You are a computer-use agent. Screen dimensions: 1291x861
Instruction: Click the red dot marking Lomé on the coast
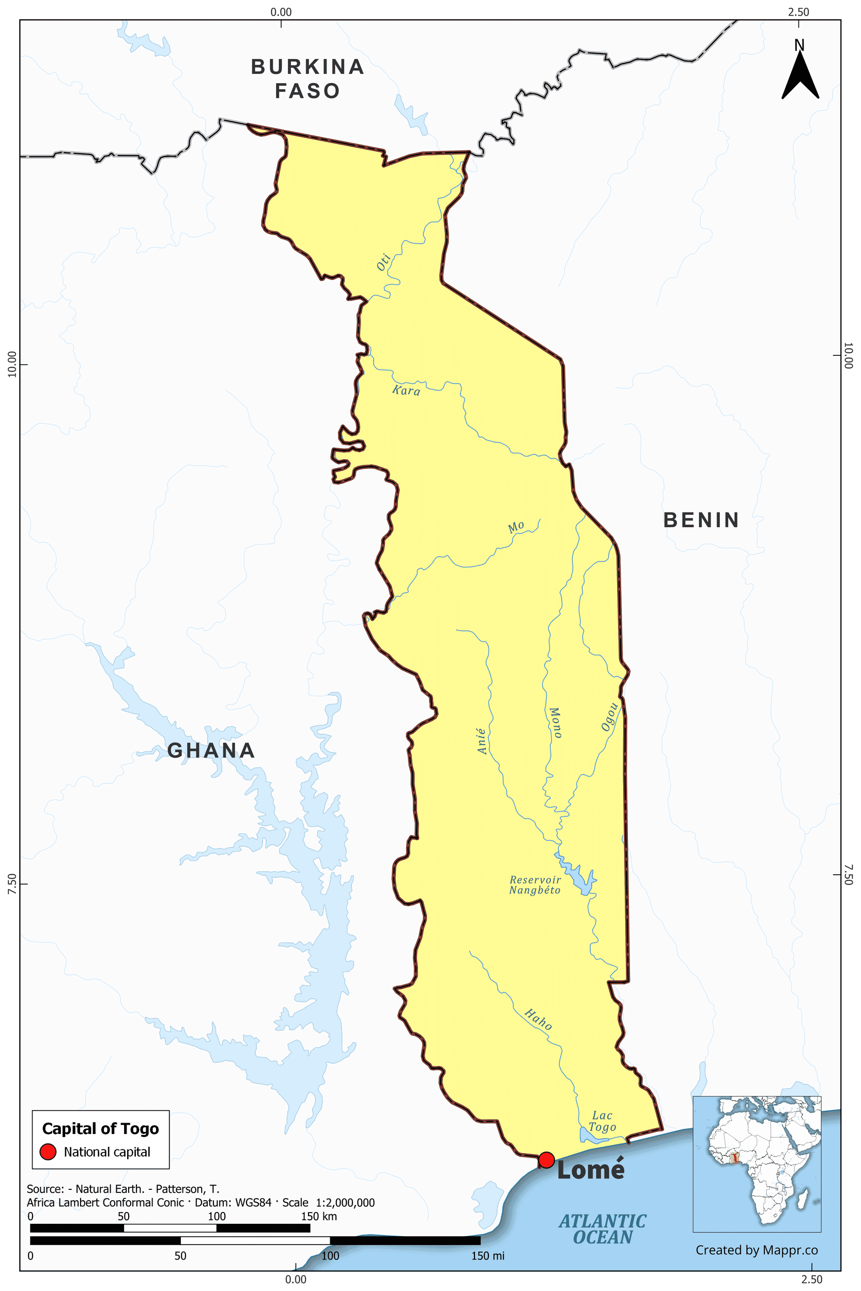click(x=546, y=1160)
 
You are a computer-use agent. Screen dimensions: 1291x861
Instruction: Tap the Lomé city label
click(x=591, y=1170)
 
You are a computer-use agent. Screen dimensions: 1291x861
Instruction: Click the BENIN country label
click(x=701, y=520)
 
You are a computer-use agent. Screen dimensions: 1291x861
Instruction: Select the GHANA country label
click(x=211, y=750)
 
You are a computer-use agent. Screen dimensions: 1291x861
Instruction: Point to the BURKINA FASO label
click(x=308, y=78)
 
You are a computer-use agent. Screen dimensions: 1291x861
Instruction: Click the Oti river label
click(x=383, y=262)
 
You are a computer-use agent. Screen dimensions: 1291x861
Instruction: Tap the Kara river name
click(x=406, y=390)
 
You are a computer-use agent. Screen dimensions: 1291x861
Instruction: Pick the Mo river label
click(x=516, y=527)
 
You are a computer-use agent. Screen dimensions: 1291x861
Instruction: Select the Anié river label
click(x=482, y=741)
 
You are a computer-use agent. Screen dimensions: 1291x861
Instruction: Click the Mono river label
click(x=555, y=722)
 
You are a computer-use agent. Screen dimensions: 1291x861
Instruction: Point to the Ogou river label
click(x=609, y=717)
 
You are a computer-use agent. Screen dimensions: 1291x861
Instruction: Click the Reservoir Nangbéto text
click(x=535, y=885)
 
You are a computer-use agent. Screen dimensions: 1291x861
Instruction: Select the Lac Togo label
click(x=603, y=1122)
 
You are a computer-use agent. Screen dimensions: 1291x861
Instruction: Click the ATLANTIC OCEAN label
click(x=603, y=1229)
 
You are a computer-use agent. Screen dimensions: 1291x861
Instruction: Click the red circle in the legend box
click(x=49, y=1152)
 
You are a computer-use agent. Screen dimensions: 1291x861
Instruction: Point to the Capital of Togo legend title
click(x=100, y=1129)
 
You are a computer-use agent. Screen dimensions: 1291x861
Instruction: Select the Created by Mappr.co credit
click(x=757, y=1250)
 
